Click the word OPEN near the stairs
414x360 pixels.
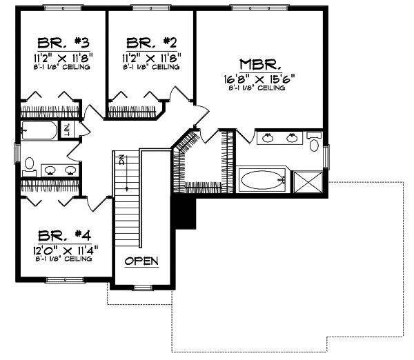pos(141,261)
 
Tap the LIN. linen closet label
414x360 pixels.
pos(68,130)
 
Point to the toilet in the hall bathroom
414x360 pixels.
pos(29,163)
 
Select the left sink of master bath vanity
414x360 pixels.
pos(267,139)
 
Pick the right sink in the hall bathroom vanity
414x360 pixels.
pos(68,170)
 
